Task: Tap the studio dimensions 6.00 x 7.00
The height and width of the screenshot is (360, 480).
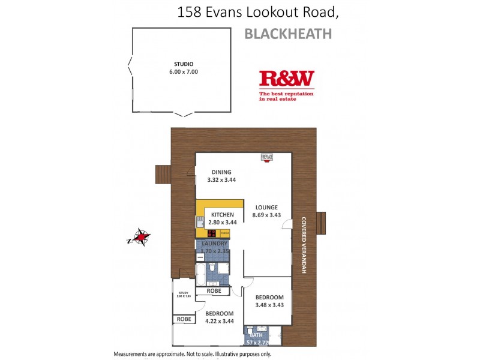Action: click(183, 72)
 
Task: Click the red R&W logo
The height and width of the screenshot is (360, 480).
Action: click(286, 79)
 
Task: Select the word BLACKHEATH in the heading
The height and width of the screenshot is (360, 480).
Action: click(288, 34)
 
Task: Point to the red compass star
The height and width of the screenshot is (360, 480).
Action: click(142, 238)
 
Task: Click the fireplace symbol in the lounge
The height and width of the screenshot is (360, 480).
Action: click(267, 157)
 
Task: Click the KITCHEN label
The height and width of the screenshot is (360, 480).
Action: click(222, 215)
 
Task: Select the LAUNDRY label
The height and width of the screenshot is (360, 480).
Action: click(214, 244)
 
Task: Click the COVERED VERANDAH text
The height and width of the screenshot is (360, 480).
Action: click(304, 245)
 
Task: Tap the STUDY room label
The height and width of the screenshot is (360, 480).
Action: click(183, 293)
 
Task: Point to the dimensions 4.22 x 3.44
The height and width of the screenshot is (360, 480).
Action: click(218, 322)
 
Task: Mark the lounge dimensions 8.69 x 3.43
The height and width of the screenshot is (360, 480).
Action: click(265, 215)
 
